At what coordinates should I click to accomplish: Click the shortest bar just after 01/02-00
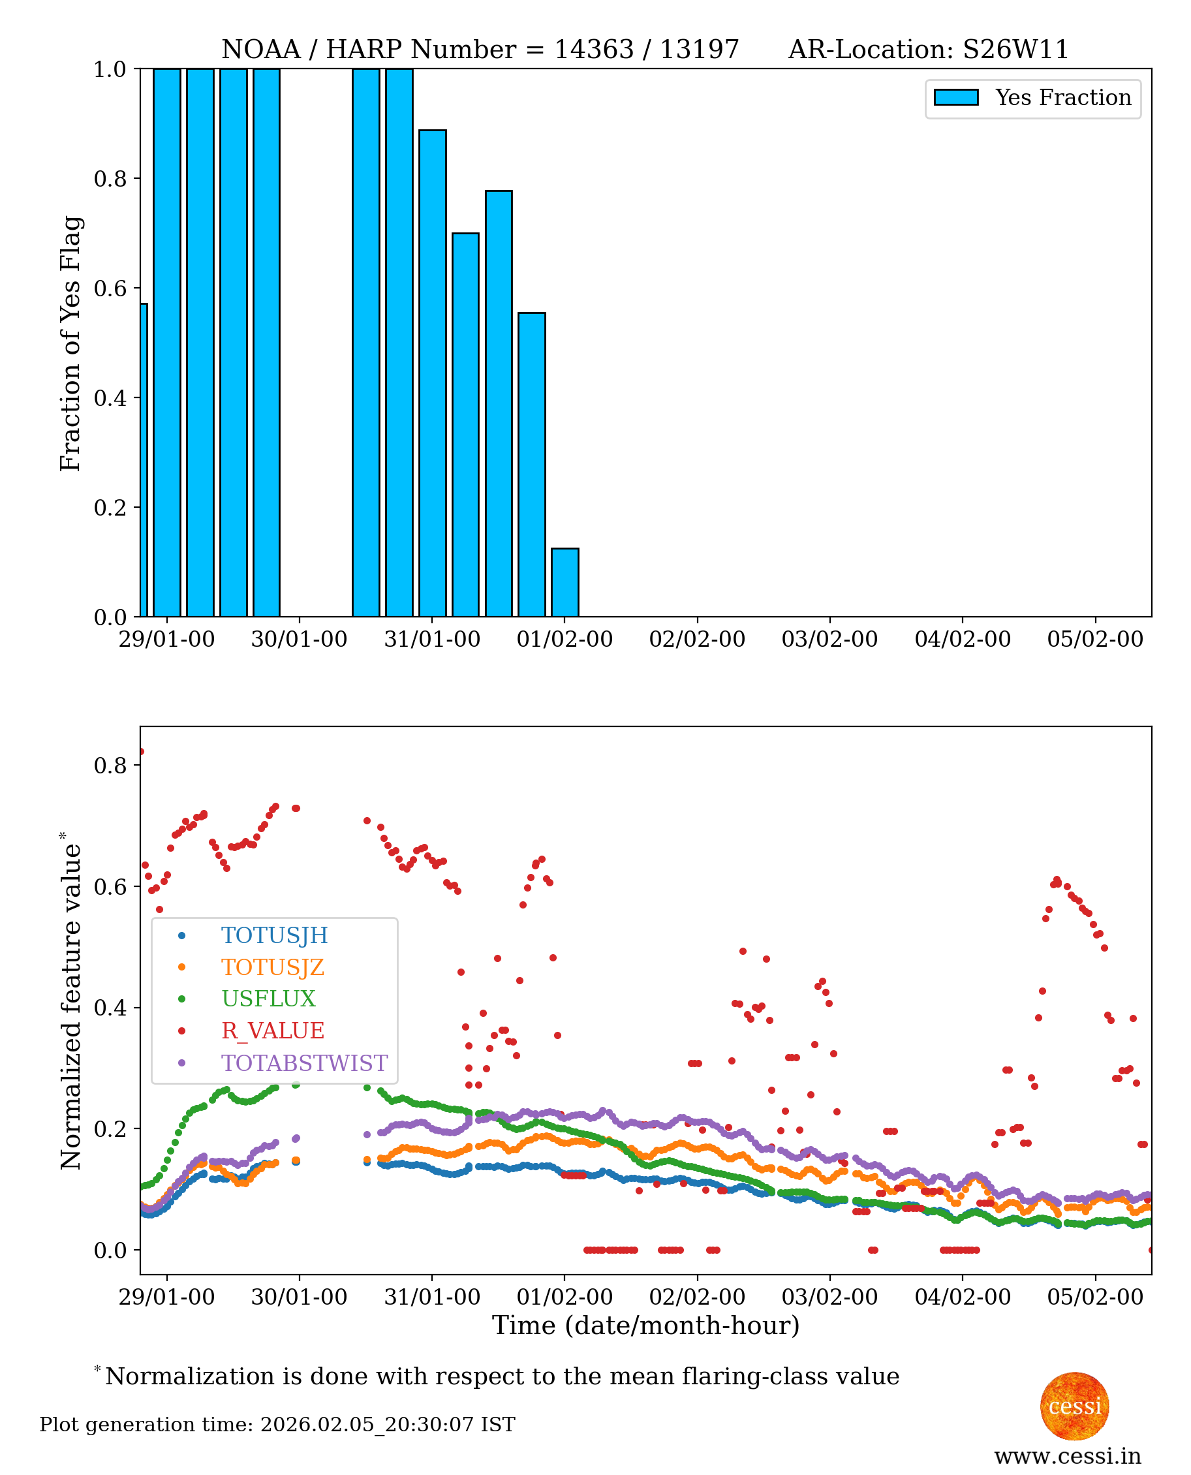coord(565,582)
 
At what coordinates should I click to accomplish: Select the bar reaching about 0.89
coord(432,373)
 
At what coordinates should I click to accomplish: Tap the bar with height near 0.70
coord(465,425)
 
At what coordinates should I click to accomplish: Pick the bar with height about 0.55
coord(532,465)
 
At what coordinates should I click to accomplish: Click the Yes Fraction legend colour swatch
coord(955,97)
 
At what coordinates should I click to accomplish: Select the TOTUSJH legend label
coord(275,935)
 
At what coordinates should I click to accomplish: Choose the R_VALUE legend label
coord(272,1031)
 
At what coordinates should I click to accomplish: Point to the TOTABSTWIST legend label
coord(304,1063)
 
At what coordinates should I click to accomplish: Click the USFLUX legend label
coord(268,998)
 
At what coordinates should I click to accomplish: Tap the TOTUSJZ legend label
coord(272,967)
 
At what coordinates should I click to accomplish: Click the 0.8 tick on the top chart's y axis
coord(110,178)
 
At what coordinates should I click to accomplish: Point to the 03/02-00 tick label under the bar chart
coord(829,640)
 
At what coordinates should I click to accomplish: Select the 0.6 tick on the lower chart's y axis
coord(110,886)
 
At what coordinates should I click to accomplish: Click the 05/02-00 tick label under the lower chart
coord(1095,1297)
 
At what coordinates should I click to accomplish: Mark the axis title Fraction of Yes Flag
coord(70,343)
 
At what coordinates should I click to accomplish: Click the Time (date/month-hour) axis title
coord(645,1326)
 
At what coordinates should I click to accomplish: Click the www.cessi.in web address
coord(1068,1455)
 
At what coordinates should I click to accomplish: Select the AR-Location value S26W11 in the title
coord(1015,50)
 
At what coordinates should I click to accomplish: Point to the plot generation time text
coord(277,1424)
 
